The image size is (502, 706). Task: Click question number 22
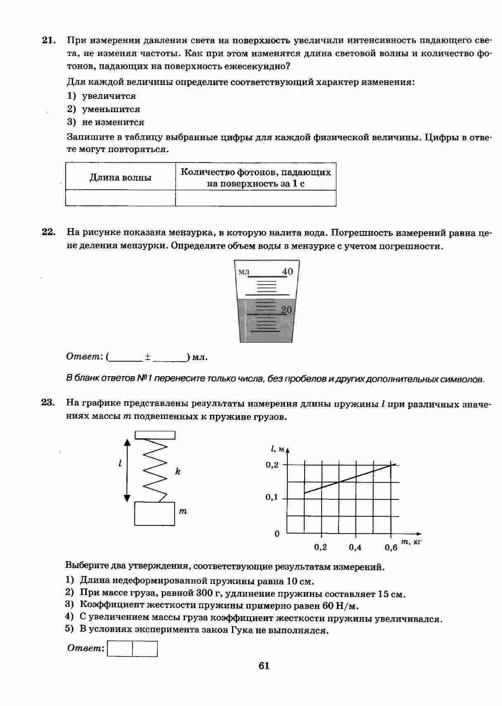pos(48,232)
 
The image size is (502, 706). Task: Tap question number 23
pos(48,402)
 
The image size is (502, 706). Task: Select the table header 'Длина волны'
pos(120,178)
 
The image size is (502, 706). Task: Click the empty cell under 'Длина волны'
pos(120,198)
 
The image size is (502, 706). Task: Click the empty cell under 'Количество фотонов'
pos(256,198)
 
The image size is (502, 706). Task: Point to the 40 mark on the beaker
pos(287,271)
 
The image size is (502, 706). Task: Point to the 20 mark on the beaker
pos(286,310)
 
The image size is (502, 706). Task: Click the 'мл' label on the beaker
pos(244,272)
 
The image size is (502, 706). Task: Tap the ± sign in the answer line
pos(147,357)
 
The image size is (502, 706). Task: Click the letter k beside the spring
pos(178,471)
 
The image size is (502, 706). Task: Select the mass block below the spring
pos(154,513)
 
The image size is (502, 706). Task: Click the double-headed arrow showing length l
pos(127,470)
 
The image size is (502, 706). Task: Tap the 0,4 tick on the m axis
pos(355,547)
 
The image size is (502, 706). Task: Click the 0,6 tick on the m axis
pos(391,547)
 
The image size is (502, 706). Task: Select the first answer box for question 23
pos(120,648)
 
